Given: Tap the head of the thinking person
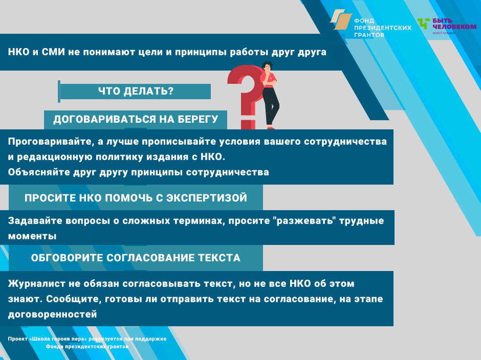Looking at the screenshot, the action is click(267, 67).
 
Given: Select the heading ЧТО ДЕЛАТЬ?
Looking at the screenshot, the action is click(136, 91).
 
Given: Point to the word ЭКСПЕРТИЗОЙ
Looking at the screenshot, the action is click(207, 198).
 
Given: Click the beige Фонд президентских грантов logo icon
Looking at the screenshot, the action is click(341, 19).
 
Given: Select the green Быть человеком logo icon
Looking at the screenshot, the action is click(424, 24).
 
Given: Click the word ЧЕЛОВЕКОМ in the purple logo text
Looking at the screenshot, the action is click(454, 27).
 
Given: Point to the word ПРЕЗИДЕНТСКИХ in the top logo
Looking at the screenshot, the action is click(383, 28).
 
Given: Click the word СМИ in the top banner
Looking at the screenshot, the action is click(53, 52).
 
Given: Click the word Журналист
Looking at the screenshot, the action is click(36, 284).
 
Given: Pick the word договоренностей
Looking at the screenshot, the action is click(53, 314).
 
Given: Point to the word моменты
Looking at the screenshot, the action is click(32, 236).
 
